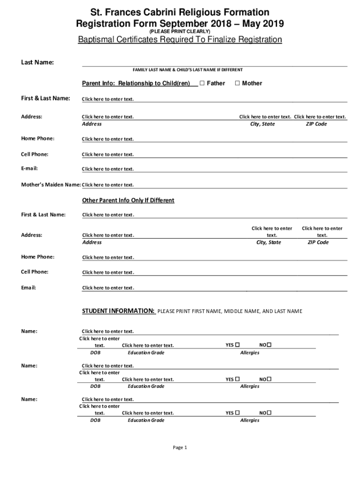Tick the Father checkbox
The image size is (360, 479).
(202, 83)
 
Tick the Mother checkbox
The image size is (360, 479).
(237, 83)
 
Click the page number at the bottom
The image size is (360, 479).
(180, 448)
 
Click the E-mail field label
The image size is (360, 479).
(29, 168)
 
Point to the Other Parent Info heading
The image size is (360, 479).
(128, 200)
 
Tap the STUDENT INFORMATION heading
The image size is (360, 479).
(119, 311)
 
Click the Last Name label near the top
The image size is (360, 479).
(38, 62)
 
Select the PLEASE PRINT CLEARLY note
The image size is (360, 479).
(180, 31)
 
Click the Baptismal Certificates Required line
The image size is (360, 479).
(180, 40)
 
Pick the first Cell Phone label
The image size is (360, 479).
(35, 154)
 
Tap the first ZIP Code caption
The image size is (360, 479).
(317, 124)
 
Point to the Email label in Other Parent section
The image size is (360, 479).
(29, 287)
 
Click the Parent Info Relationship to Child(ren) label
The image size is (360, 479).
(136, 83)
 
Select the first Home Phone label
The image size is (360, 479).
(37, 138)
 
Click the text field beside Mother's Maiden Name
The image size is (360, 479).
(108, 185)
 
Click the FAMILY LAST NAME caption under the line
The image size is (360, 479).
(187, 70)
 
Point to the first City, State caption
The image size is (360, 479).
(263, 124)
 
